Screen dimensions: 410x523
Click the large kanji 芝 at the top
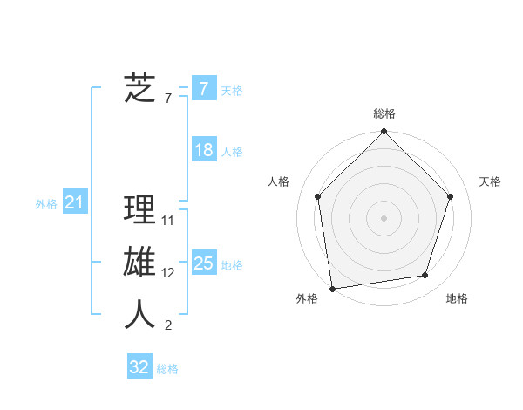click(x=139, y=88)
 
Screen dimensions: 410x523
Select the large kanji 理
click(x=139, y=210)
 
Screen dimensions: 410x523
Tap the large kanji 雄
click(x=139, y=263)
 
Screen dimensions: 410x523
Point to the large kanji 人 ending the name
click(x=139, y=315)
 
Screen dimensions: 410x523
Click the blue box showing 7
click(x=203, y=88)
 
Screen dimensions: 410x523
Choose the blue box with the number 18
click(x=203, y=150)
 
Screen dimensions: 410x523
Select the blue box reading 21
click(x=75, y=203)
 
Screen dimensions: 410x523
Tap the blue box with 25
click(x=203, y=263)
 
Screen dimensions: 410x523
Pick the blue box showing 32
click(x=139, y=367)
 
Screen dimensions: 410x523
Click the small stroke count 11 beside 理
click(x=168, y=221)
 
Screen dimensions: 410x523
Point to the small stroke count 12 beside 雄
click(x=168, y=273)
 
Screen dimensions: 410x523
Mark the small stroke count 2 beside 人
click(x=168, y=325)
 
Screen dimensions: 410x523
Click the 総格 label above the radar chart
click(x=384, y=113)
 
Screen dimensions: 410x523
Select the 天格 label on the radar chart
click(x=491, y=181)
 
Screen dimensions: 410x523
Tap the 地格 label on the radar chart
click(x=457, y=298)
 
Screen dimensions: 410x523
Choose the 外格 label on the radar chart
click(x=307, y=298)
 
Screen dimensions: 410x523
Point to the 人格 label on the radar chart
click(x=278, y=181)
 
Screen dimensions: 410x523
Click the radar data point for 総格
click(x=384, y=133)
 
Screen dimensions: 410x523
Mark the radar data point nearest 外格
click(x=332, y=288)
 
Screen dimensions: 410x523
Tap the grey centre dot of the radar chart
click(x=384, y=217)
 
